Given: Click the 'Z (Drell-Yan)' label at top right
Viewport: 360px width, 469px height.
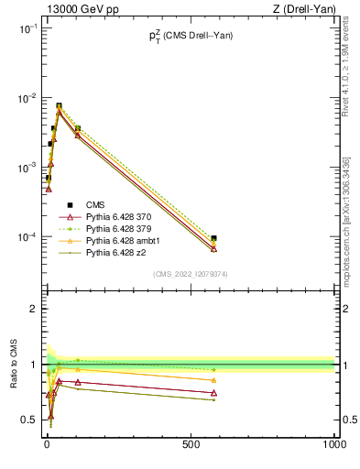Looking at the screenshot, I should pos(305,8).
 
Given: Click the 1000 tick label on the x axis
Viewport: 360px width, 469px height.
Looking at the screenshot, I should pos(333,444).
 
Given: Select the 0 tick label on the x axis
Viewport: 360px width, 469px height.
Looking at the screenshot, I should pos(47,444).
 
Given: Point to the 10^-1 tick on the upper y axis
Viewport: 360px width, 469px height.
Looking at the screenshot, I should pos(29,28).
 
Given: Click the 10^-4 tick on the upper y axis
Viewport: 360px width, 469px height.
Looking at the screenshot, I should pos(29,237).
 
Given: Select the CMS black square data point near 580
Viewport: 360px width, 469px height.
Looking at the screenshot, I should pos(213,238).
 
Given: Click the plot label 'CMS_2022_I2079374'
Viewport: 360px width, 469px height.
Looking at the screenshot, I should pos(191,274).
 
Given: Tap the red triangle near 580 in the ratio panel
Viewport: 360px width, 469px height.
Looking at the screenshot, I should pos(213,393).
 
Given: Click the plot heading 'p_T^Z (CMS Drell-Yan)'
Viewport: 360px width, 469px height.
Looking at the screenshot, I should pos(191,36).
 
